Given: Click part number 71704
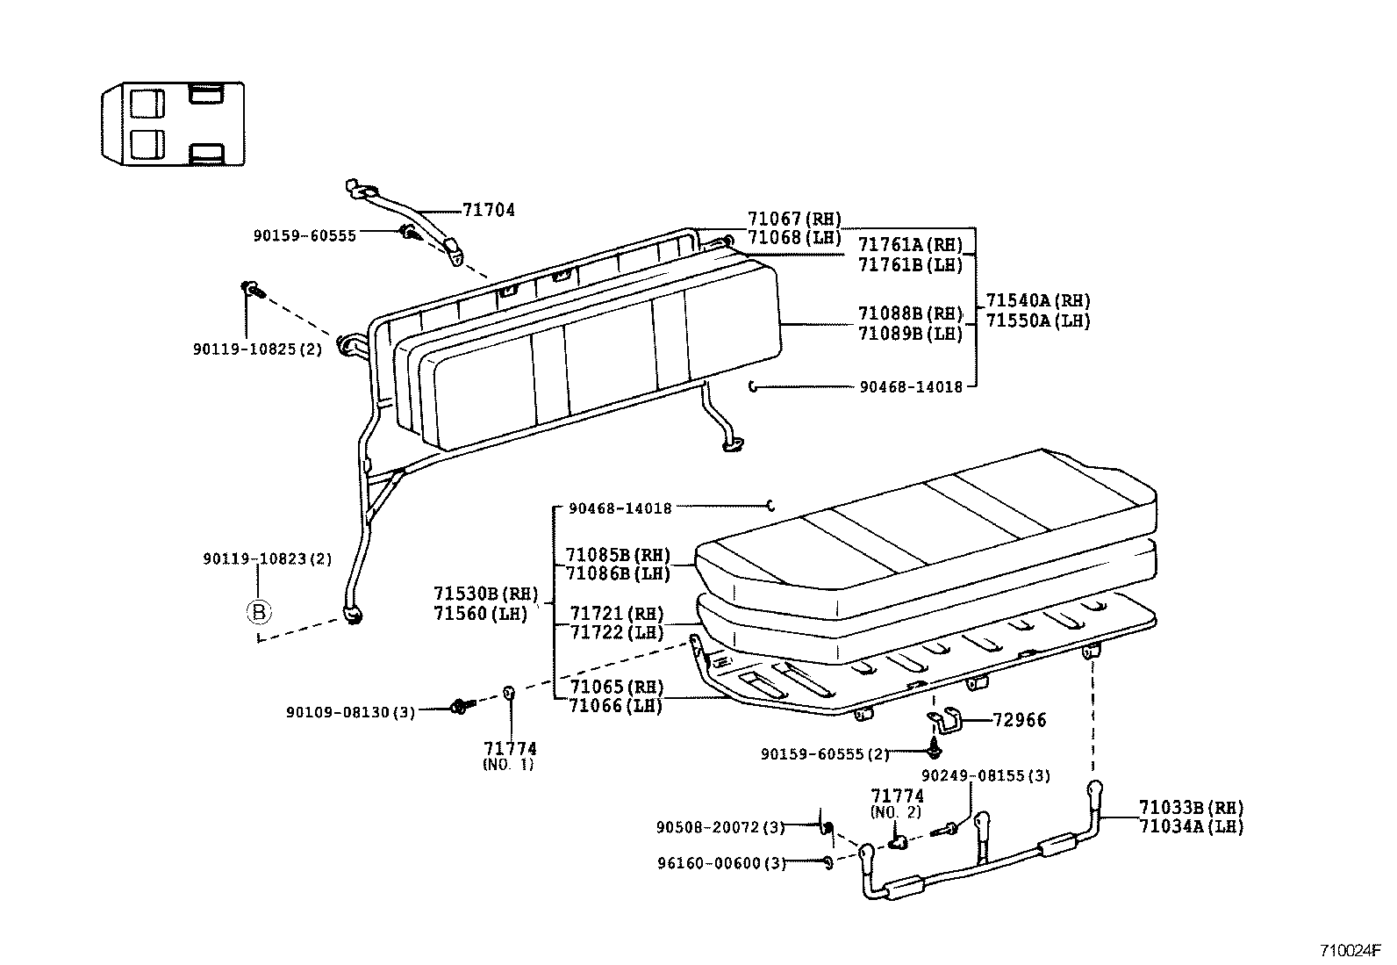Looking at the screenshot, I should pyautogui.click(x=488, y=210).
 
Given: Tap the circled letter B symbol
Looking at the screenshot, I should pyautogui.click(x=259, y=612).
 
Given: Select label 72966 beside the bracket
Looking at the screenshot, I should pyautogui.click(x=1020, y=720).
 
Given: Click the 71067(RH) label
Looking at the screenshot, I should pyautogui.click(x=794, y=219).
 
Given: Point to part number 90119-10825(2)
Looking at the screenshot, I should pyautogui.click(x=257, y=349).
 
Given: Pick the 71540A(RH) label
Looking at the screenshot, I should pyautogui.click(x=1037, y=300).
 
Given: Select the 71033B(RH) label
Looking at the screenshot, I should pyautogui.click(x=1191, y=807).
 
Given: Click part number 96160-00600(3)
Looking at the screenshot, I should pyautogui.click(x=720, y=862).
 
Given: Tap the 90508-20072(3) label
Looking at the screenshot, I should pyautogui.click(x=720, y=826).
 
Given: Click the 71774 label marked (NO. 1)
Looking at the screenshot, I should pyautogui.click(x=509, y=749).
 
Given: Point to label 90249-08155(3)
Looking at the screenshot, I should pyautogui.click(x=985, y=776).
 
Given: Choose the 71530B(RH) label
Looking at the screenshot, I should pyautogui.click(x=485, y=594).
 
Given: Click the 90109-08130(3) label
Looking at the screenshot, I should pyautogui.click(x=350, y=711).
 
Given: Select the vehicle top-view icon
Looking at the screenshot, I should pyautogui.click(x=172, y=123).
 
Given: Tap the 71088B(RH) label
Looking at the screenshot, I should pyautogui.click(x=909, y=313).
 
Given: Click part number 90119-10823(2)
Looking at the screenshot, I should pyautogui.click(x=267, y=558).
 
